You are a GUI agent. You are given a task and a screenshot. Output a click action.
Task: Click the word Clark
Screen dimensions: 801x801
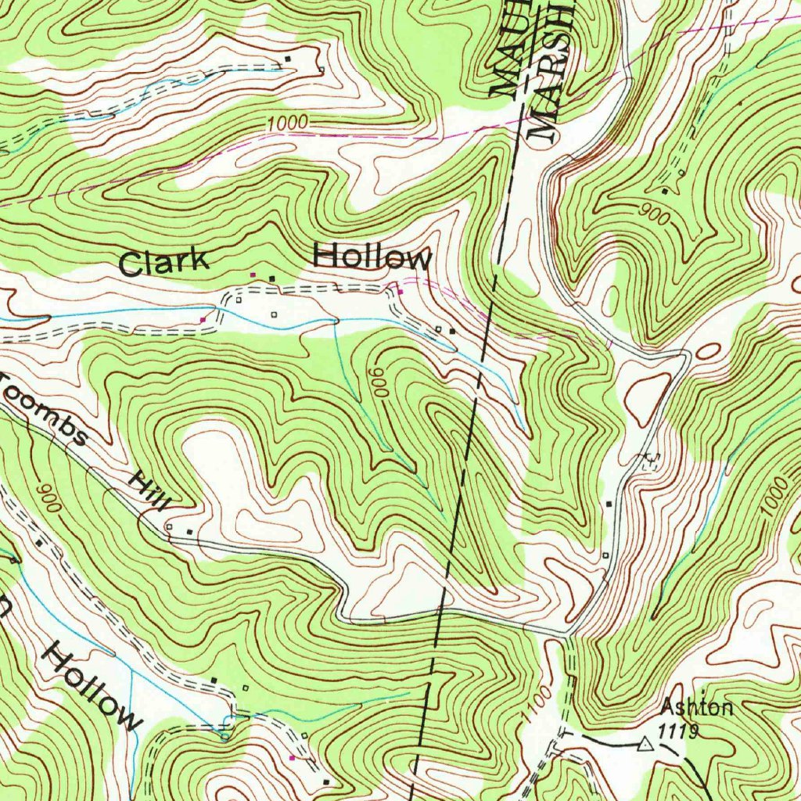165,262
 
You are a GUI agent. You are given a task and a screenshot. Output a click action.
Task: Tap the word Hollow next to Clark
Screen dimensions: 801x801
372,257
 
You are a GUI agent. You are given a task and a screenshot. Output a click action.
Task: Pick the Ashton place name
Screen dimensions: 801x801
697,708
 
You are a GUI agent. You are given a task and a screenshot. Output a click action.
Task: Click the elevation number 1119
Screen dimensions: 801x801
677,731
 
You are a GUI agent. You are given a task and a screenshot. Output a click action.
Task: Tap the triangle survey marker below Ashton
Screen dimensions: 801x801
645,743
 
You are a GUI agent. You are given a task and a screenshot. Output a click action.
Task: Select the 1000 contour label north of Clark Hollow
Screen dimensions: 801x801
286,124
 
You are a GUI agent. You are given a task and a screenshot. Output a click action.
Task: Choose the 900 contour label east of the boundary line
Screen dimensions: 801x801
652,214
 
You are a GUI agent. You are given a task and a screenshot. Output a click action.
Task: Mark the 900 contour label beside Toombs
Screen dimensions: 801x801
47,497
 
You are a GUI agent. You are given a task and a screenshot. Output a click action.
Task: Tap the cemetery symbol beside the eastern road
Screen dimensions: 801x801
648,462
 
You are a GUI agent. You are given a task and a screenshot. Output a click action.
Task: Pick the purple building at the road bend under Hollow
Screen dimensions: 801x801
400,292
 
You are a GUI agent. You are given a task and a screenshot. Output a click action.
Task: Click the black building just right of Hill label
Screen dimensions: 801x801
189,532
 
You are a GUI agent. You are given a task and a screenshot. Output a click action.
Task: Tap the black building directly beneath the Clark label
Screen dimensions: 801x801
272,278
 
